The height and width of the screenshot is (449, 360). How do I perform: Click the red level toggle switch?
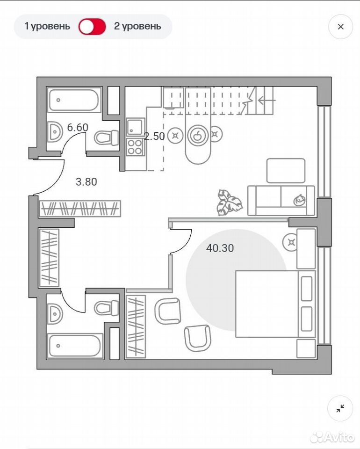pos(92,27)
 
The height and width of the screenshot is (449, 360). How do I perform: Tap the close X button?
pos(340,27)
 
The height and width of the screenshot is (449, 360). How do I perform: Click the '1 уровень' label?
pos(47,26)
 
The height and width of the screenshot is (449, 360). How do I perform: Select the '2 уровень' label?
pos(137,26)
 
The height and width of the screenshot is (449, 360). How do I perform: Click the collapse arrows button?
pos(340,408)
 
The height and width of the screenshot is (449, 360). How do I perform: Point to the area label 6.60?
pos(78,127)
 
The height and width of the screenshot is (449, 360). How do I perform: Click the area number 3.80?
pos(86,181)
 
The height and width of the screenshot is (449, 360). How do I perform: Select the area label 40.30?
pos(220,248)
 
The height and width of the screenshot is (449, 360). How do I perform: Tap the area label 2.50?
pos(154,136)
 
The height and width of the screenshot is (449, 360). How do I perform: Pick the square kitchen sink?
pos(135,127)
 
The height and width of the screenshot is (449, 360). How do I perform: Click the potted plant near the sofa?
pos(229,202)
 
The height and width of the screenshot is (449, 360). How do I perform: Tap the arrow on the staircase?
pos(266,100)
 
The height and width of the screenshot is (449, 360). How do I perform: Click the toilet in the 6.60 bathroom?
pos(107,138)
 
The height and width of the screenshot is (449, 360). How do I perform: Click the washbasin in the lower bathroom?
pos(55,314)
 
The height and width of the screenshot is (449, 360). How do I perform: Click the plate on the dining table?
pos(197,135)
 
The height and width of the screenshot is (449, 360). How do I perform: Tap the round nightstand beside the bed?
pos(291,243)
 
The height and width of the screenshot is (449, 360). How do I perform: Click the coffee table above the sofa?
pos(286,171)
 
